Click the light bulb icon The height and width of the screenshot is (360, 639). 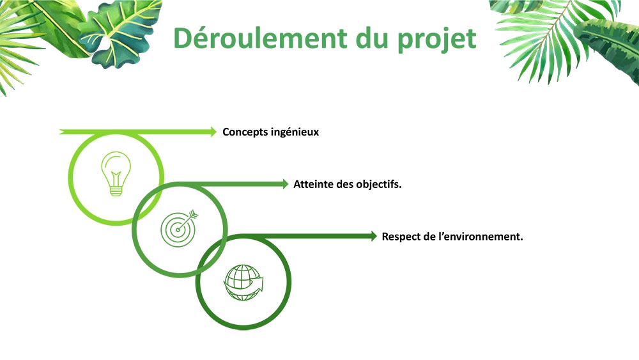click(116, 173)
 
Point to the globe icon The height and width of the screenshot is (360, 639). click(243, 281)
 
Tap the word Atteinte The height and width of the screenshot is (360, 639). click(313, 184)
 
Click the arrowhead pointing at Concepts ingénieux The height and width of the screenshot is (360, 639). click(214, 132)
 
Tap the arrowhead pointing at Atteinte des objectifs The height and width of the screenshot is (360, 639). click(286, 184)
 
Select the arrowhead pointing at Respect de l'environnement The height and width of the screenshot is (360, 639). click(374, 236)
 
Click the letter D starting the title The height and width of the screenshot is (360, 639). click(183, 38)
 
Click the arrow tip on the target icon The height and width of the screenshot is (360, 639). click(195, 214)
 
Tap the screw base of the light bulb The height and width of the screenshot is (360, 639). click(116, 190)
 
